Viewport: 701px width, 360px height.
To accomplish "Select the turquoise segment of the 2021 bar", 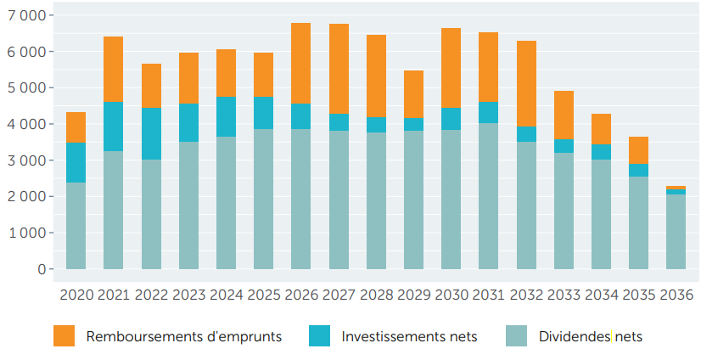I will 113,127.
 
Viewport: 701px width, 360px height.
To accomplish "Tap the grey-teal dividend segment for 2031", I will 489,196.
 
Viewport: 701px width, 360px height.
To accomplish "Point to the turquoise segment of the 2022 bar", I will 151,134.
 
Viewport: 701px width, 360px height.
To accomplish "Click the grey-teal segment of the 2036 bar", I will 676,232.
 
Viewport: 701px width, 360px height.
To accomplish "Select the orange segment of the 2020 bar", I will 76,127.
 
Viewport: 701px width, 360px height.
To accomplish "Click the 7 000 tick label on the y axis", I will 27,15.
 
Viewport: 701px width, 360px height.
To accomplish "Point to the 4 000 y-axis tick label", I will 27,124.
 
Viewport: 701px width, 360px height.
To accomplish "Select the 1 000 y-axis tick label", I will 27,233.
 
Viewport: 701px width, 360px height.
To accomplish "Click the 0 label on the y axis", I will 39,269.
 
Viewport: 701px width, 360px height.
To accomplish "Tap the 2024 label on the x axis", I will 226,295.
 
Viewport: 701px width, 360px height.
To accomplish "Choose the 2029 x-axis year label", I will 413,295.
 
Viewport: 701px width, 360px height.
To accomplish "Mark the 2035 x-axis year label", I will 638,295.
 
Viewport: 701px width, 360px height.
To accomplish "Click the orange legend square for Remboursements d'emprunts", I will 64,336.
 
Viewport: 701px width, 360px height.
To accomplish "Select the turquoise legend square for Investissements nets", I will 319,336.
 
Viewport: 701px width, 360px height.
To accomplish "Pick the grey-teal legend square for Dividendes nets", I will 516,336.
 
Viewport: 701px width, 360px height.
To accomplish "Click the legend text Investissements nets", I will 409,337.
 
